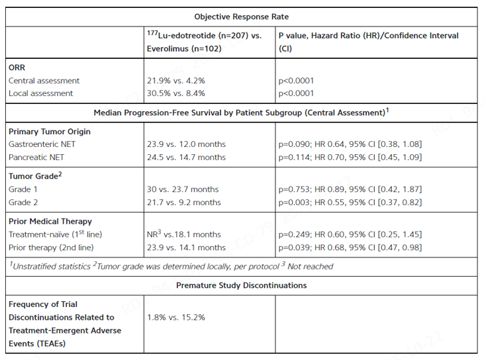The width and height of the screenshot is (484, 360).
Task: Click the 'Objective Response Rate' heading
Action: click(242, 17)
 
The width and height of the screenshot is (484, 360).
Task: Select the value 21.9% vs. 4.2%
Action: click(176, 81)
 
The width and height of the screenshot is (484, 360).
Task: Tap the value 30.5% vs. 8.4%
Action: click(176, 93)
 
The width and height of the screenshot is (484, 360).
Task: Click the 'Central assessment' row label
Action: click(44, 81)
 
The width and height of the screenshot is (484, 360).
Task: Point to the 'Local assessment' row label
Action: click(41, 93)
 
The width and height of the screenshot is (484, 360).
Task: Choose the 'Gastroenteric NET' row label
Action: click(42, 144)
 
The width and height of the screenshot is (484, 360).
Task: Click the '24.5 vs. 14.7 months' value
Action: click(186, 157)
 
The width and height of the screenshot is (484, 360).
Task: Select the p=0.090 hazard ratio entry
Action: click(350, 144)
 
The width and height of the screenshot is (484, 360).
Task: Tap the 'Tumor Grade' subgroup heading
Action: click(35, 176)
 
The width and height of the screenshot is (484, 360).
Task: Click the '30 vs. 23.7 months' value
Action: click(183, 189)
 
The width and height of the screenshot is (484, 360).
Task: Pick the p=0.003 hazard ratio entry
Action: click(350, 202)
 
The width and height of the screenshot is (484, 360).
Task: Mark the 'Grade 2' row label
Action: click(23, 202)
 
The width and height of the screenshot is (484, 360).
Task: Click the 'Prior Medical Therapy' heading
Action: click(50, 221)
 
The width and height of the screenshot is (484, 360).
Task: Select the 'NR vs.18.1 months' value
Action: click(184, 234)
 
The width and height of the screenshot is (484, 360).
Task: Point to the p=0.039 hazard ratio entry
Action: click(350, 247)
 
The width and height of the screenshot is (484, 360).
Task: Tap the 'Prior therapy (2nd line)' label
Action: click(51, 247)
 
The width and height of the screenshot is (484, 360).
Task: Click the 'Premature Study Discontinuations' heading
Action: click(242, 285)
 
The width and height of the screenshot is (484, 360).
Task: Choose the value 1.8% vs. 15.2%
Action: click(176, 318)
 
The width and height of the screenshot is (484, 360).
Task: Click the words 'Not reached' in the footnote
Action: click(311, 267)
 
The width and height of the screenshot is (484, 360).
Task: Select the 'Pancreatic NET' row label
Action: click(36, 157)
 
